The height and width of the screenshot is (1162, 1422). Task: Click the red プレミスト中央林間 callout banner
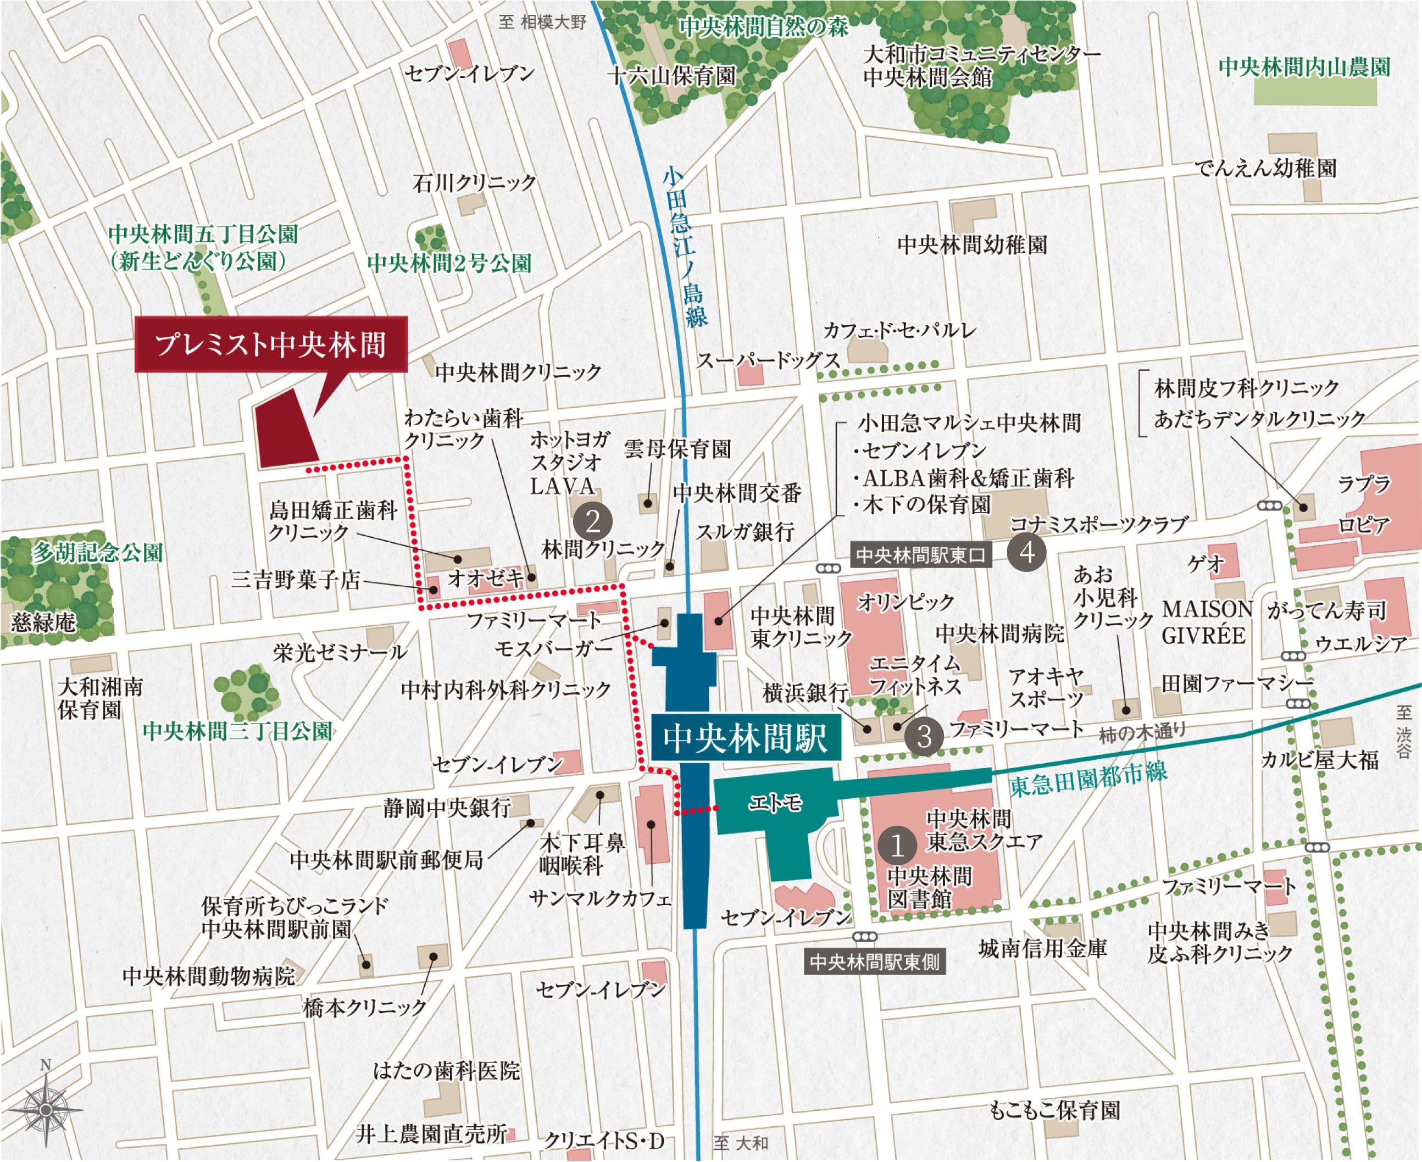pyautogui.click(x=271, y=344)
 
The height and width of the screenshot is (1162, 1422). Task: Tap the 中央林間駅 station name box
pyautogui.click(x=745, y=738)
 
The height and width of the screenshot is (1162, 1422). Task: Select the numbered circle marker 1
pyautogui.click(x=897, y=846)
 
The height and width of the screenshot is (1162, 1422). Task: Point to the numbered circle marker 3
pyautogui.click(x=924, y=736)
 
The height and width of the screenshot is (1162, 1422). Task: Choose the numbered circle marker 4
pyautogui.click(x=1026, y=553)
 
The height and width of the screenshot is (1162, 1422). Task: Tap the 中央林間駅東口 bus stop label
pyautogui.click(x=920, y=555)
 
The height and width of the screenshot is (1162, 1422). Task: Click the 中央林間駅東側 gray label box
pyautogui.click(x=874, y=963)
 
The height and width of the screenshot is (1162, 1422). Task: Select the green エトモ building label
pyautogui.click(x=775, y=802)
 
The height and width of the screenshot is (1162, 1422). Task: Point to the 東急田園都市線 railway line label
pyautogui.click(x=1088, y=779)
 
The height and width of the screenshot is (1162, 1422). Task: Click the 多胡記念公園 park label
pyautogui.click(x=98, y=553)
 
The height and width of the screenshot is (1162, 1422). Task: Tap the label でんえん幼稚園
pyautogui.click(x=1265, y=168)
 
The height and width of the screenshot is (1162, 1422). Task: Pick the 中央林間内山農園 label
pyautogui.click(x=1304, y=67)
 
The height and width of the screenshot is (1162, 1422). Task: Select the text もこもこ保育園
pyautogui.click(x=1054, y=1110)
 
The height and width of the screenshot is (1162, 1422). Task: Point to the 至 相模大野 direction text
pyautogui.click(x=542, y=22)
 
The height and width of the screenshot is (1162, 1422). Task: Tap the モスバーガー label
pyautogui.click(x=553, y=649)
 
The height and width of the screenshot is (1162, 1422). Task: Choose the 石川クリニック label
pyautogui.click(x=475, y=183)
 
